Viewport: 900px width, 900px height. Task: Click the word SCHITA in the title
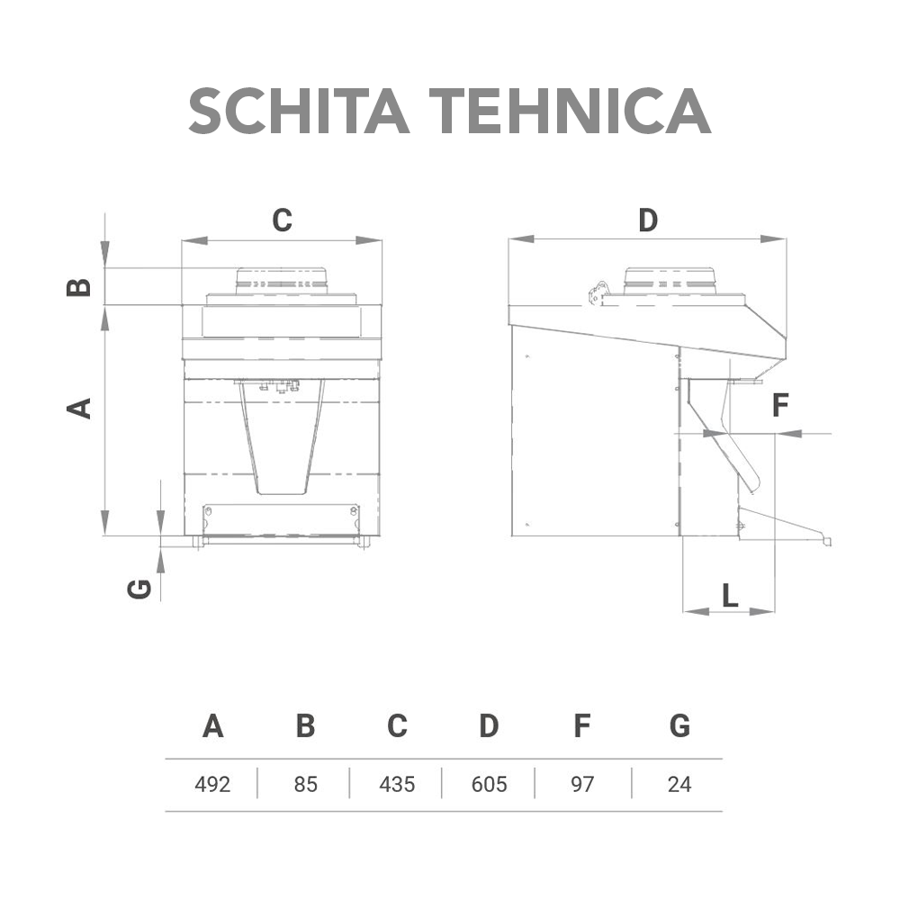pyautogui.click(x=299, y=112)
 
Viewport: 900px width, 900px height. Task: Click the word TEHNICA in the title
pyautogui.click(x=571, y=112)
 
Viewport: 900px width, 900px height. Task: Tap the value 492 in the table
pyautogui.click(x=212, y=784)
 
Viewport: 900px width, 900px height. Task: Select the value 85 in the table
pyautogui.click(x=305, y=784)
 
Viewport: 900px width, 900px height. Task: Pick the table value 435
pyautogui.click(x=397, y=784)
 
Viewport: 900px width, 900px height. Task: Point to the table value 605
pyautogui.click(x=489, y=784)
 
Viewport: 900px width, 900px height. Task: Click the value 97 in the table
pyautogui.click(x=582, y=784)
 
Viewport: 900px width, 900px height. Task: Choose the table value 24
pyautogui.click(x=679, y=784)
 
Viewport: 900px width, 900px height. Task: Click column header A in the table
pyautogui.click(x=213, y=726)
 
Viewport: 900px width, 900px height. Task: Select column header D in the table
pyautogui.click(x=489, y=726)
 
